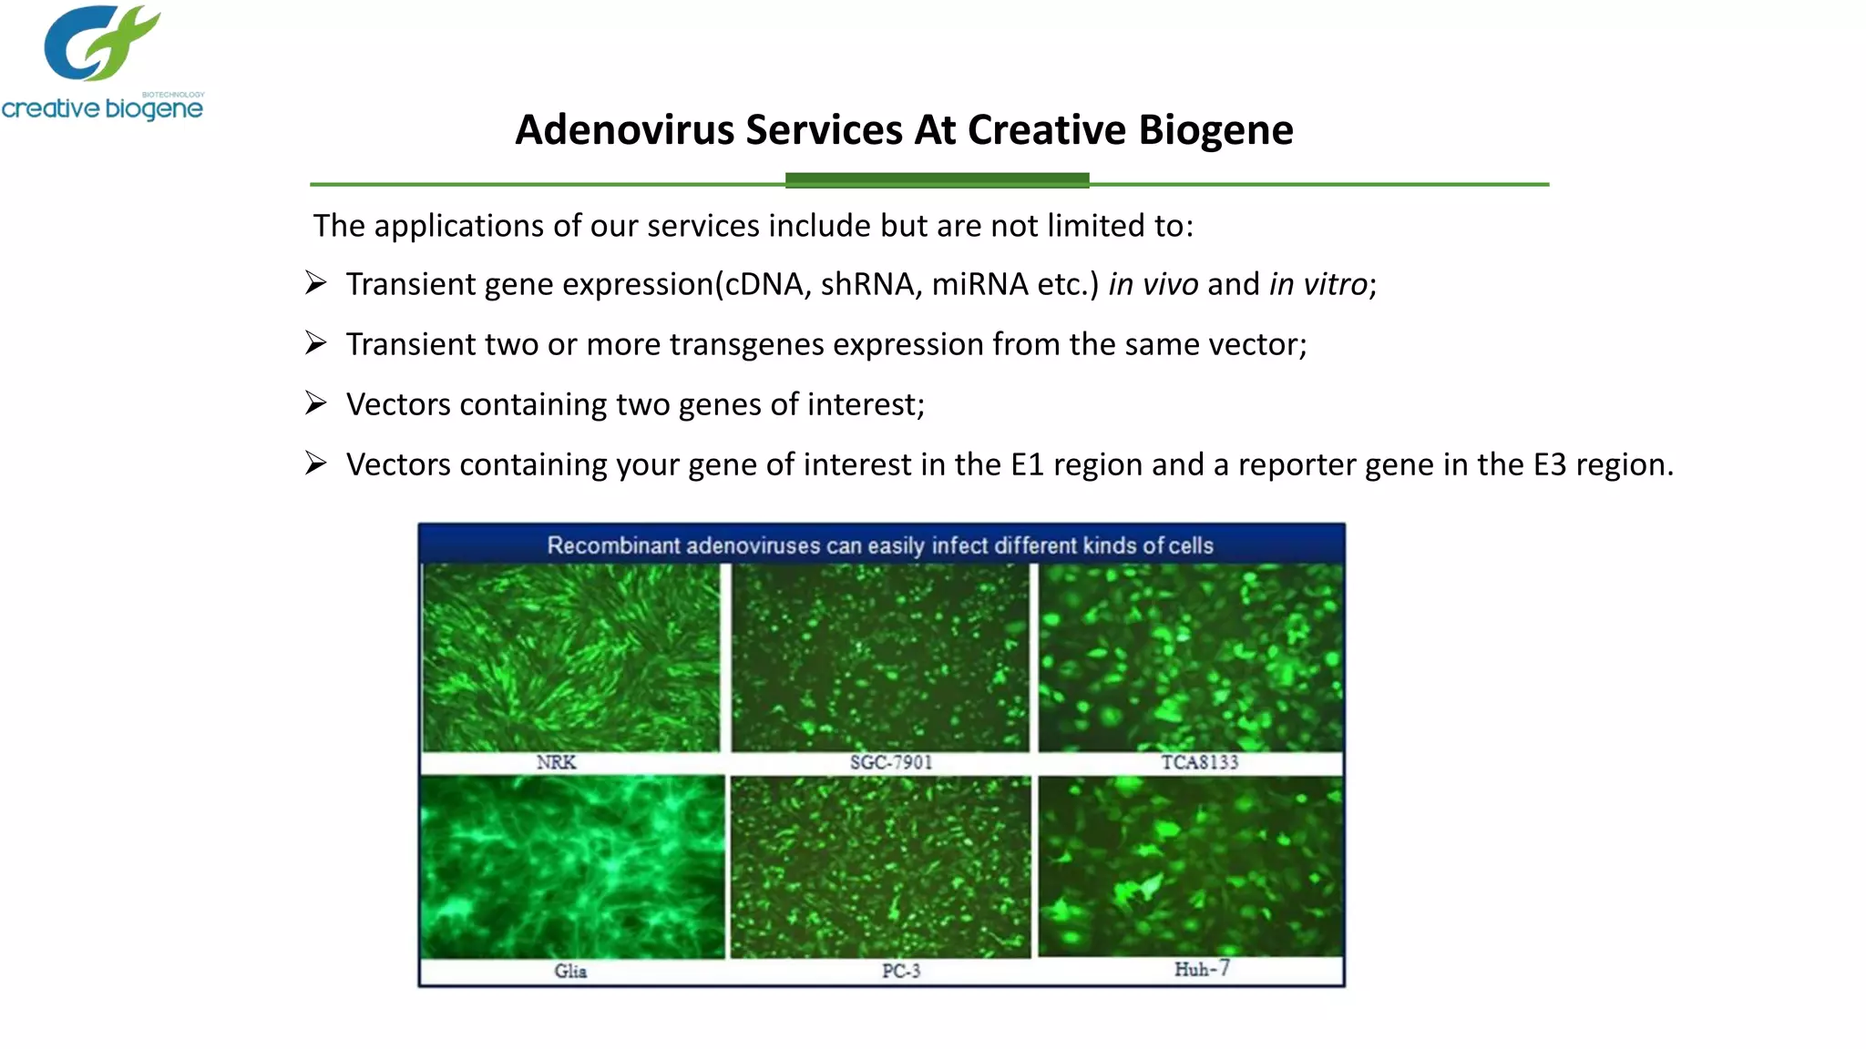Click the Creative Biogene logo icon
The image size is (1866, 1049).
tap(100, 43)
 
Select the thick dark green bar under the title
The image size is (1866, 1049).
tap(937, 180)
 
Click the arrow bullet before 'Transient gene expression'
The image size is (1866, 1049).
tap(316, 283)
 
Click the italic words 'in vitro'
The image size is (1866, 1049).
tap(1318, 284)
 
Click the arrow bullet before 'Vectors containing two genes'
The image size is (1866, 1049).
tap(316, 403)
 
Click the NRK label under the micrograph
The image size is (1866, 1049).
tap(556, 762)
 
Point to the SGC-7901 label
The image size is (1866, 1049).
tap(891, 762)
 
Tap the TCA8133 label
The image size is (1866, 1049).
tap(1199, 762)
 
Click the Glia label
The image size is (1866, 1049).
tap(570, 972)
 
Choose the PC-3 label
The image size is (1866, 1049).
tap(900, 972)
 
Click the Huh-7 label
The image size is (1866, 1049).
tap(1201, 970)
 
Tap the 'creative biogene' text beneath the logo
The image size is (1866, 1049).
tap(102, 109)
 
